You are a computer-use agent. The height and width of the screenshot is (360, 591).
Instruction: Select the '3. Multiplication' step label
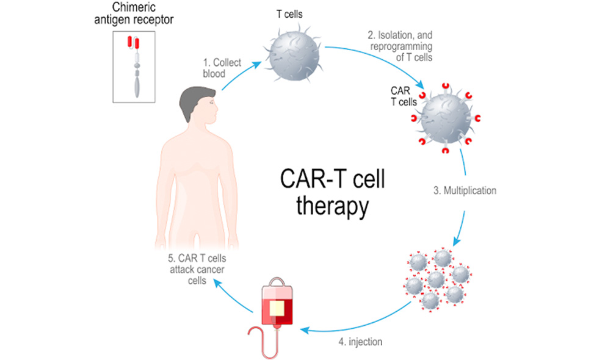point(465,190)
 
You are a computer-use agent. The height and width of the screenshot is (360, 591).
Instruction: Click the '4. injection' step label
point(360,342)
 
